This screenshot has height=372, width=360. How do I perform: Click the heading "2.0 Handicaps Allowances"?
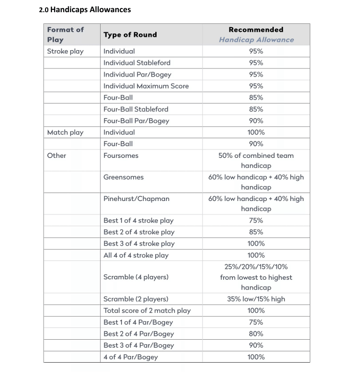click(x=85, y=9)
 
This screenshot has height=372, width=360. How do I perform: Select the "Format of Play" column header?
click(x=65, y=35)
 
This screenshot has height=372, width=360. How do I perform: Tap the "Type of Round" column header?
click(x=130, y=35)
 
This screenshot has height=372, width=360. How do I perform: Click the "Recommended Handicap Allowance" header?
click(x=256, y=35)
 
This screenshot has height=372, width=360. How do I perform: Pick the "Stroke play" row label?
click(x=65, y=51)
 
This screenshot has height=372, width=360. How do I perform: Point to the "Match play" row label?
click(x=65, y=133)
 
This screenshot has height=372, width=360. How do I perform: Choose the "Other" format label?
click(x=57, y=156)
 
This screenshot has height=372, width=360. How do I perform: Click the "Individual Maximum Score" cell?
click(x=146, y=86)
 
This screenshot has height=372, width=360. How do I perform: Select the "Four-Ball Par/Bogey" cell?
click(x=136, y=121)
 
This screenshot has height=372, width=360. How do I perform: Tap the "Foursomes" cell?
click(x=121, y=156)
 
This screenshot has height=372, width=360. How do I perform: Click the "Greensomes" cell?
click(x=123, y=177)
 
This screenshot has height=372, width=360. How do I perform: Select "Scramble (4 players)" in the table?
click(x=135, y=277)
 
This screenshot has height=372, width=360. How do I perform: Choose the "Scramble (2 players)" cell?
click(x=135, y=299)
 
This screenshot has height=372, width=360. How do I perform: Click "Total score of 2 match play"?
click(x=147, y=311)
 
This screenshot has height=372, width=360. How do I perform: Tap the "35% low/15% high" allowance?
click(x=256, y=299)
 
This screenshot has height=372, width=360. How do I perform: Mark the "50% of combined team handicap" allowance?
click(x=256, y=161)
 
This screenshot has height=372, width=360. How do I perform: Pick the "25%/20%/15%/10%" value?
click(x=256, y=267)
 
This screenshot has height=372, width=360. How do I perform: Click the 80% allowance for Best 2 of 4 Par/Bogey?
click(x=256, y=334)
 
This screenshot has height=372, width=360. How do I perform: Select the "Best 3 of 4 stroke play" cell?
click(x=139, y=244)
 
